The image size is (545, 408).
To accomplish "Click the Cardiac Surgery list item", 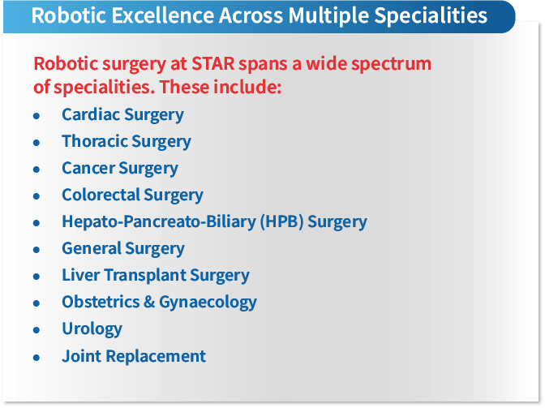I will click(122, 114).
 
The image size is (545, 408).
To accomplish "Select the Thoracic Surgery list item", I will click(127, 141).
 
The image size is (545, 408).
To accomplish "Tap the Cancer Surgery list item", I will click(120, 168).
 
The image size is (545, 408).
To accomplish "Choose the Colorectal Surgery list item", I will click(132, 195).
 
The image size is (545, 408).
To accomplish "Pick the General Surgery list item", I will click(123, 248).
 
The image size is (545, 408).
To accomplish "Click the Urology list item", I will click(92, 329).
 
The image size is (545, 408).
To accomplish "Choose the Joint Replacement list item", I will click(134, 355).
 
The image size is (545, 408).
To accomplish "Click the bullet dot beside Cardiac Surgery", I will click(36, 116).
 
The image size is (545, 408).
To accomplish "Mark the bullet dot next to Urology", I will click(36, 330).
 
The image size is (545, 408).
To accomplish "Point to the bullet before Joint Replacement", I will click(36, 357).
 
